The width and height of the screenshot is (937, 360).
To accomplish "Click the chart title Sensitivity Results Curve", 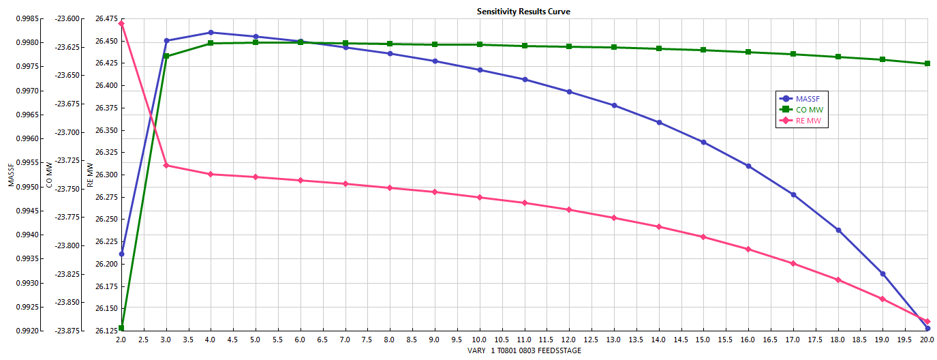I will click(x=523, y=12).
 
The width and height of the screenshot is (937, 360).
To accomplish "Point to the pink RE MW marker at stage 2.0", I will click(x=121, y=23).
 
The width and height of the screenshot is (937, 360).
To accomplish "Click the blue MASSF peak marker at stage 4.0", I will click(x=211, y=33).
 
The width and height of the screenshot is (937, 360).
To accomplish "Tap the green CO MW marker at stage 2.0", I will click(x=121, y=329).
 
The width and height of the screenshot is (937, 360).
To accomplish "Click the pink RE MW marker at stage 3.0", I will click(x=166, y=166).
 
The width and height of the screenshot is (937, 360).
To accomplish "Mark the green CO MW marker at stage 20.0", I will click(x=927, y=64).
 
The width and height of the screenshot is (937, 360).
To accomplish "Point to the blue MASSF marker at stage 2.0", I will click(x=121, y=254).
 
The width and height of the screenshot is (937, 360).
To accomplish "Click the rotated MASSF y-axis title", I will click(x=10, y=174).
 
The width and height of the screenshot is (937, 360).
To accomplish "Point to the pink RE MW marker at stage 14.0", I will click(x=659, y=227).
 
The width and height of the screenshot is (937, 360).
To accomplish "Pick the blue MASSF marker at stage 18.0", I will click(x=838, y=230).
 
